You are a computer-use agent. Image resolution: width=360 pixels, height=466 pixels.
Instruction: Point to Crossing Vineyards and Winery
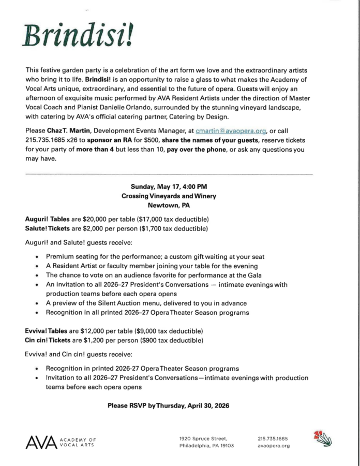pos(169,196)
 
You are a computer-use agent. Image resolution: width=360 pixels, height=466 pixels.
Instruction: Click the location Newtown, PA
pos(169,205)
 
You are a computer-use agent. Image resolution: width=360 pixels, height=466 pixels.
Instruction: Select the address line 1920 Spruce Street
pos(202,438)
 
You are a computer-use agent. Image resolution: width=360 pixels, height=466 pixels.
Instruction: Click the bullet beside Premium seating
pos(37,257)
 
